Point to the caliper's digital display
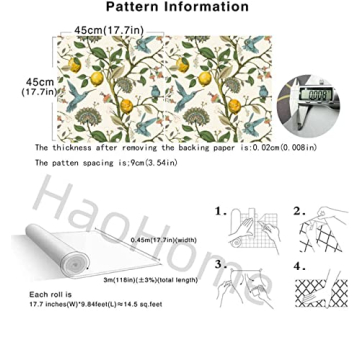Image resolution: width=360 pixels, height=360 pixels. (314, 97)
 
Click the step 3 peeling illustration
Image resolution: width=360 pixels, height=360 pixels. (245, 293)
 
